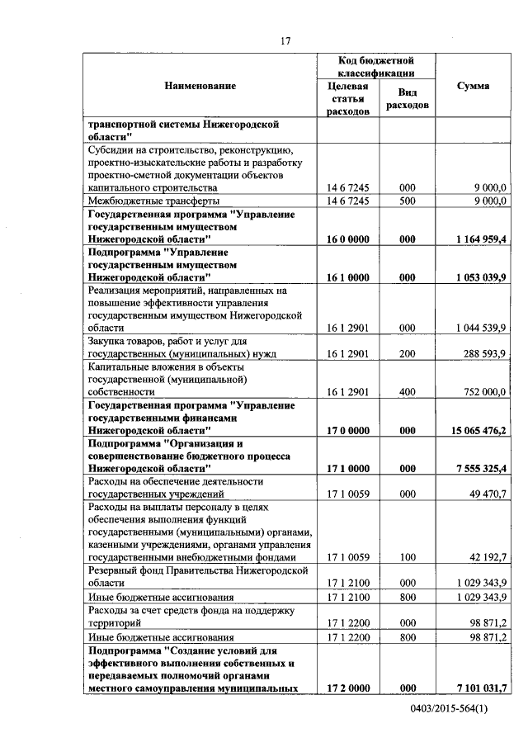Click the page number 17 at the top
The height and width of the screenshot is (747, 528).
tap(285, 40)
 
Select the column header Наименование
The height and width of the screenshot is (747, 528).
tap(200, 86)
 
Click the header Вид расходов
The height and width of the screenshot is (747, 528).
tap(407, 100)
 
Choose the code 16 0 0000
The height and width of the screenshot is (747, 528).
tap(347, 239)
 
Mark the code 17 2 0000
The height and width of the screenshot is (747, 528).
tap(347, 688)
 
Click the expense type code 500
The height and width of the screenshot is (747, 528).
tap(407, 201)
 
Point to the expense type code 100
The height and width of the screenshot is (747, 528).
tap(407, 557)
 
